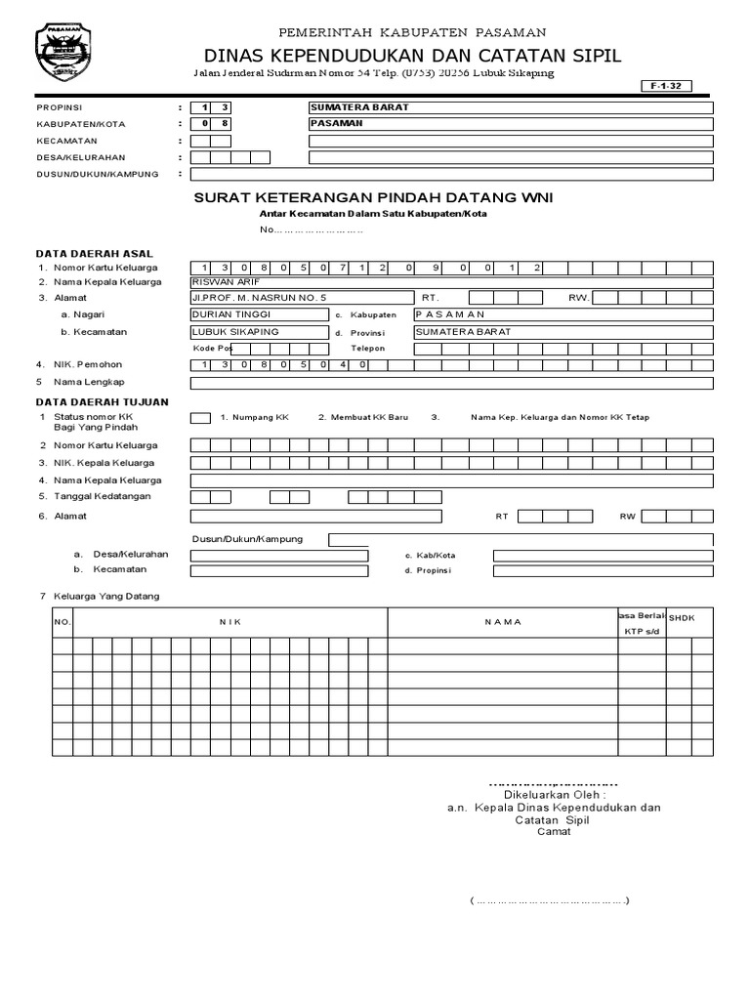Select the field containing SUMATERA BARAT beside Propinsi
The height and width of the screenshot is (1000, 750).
(x=511, y=107)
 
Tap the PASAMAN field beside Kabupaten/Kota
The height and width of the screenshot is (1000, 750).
(x=511, y=124)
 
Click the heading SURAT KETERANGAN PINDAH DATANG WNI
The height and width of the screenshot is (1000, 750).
(x=373, y=197)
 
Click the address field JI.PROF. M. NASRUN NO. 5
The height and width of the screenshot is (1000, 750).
(x=303, y=297)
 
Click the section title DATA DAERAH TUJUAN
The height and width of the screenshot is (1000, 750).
(x=103, y=401)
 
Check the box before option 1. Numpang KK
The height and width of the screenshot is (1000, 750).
(x=200, y=418)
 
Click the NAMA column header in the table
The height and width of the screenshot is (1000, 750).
(x=503, y=621)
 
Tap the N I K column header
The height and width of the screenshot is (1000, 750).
(x=230, y=621)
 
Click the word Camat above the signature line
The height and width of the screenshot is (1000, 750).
(x=553, y=832)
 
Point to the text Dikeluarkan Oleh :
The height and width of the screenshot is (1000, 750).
(x=553, y=795)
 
